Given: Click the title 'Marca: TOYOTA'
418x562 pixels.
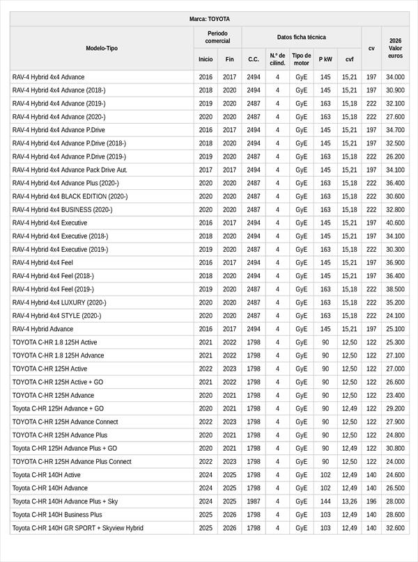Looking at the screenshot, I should [209, 19].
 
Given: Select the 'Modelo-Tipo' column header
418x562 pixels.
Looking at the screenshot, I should [102, 48].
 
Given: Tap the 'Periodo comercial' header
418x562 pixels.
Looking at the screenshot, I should [217, 37].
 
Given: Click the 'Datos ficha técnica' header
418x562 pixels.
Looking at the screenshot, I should [301, 37].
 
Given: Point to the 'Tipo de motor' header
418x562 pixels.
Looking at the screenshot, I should [301, 59].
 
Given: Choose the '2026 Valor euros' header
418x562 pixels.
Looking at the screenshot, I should [395, 48].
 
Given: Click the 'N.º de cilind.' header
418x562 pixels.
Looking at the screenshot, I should [277, 59].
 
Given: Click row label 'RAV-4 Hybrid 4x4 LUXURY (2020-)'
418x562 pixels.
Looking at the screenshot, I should [59, 303].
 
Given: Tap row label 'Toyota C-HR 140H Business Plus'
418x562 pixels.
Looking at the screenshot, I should [57, 515].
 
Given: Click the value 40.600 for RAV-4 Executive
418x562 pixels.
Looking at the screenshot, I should [395, 223].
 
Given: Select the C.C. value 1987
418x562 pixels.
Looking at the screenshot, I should [253, 501].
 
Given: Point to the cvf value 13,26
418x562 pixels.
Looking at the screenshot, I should [349, 501].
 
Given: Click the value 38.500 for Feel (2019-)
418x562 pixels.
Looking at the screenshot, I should [395, 289].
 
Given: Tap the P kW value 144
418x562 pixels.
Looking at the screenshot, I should [325, 501].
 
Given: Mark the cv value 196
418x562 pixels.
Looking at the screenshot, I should [371, 501].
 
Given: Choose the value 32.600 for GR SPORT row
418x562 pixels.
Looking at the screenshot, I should [395, 528].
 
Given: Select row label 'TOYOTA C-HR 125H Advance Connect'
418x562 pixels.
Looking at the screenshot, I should [65, 421].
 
